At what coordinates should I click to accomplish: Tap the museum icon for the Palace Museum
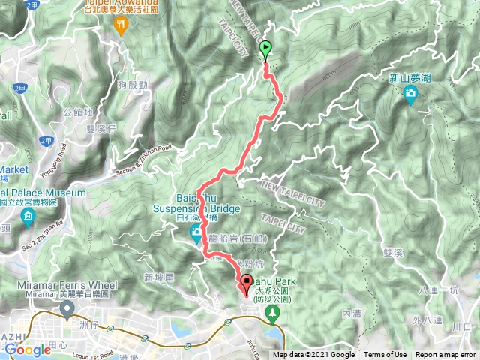(28, 218)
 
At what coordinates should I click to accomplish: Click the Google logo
(28, 349)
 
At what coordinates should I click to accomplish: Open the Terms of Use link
(385, 355)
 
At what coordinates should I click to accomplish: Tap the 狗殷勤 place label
(133, 85)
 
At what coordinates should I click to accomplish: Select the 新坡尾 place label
(158, 278)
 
